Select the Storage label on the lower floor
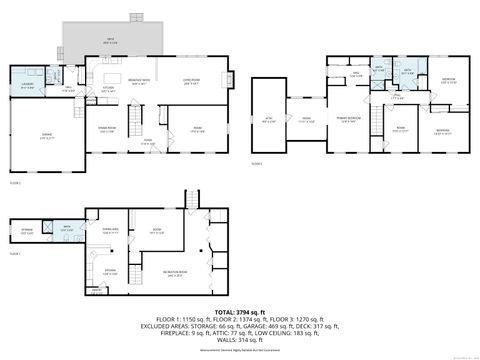(27, 234)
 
